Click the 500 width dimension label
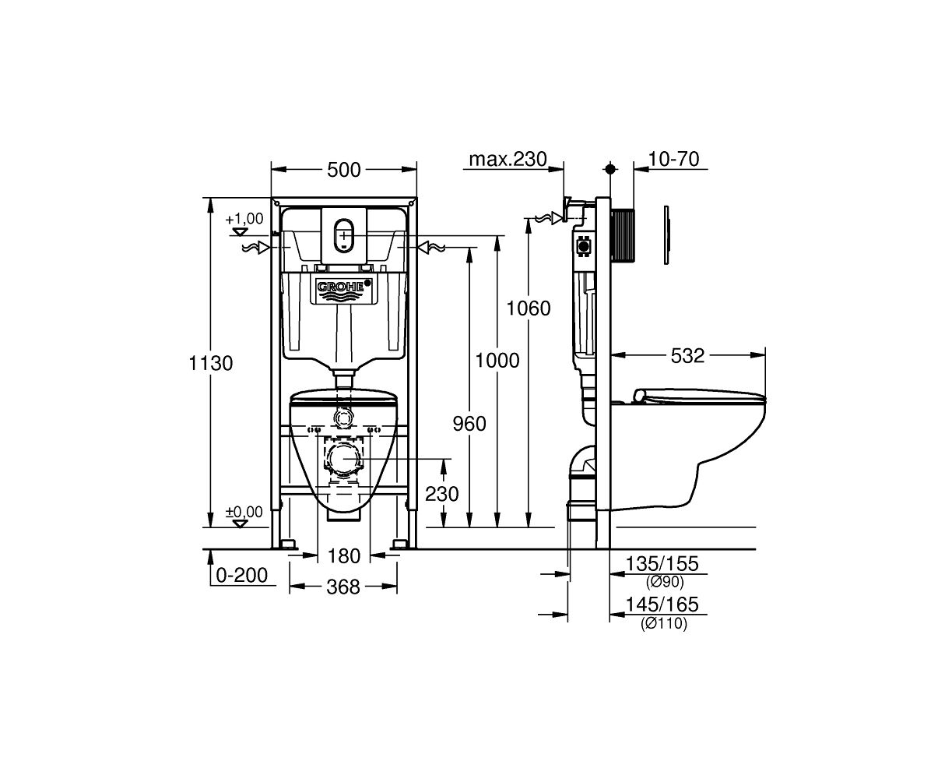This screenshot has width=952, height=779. (x=343, y=170)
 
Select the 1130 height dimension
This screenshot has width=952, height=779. (x=210, y=363)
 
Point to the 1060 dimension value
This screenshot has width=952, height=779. (x=528, y=308)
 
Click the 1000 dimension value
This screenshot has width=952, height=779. (x=497, y=361)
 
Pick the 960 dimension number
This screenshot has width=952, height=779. (x=469, y=424)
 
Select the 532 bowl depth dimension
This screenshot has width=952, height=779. (x=687, y=356)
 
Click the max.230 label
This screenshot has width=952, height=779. (x=508, y=159)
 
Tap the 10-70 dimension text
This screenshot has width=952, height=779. (x=673, y=159)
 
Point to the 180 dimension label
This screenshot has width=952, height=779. (x=343, y=556)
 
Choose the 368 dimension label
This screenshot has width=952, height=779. (x=343, y=587)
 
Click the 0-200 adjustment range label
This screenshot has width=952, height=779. (x=241, y=575)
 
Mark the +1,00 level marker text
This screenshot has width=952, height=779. (x=244, y=219)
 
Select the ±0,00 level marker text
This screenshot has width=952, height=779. (x=244, y=512)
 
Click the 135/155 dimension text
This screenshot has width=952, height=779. (x=662, y=564)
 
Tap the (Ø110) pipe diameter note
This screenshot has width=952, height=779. (x=663, y=624)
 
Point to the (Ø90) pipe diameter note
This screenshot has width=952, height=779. (x=665, y=582)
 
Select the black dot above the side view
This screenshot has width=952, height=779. (x=610, y=169)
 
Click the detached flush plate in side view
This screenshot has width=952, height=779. (x=666, y=235)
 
